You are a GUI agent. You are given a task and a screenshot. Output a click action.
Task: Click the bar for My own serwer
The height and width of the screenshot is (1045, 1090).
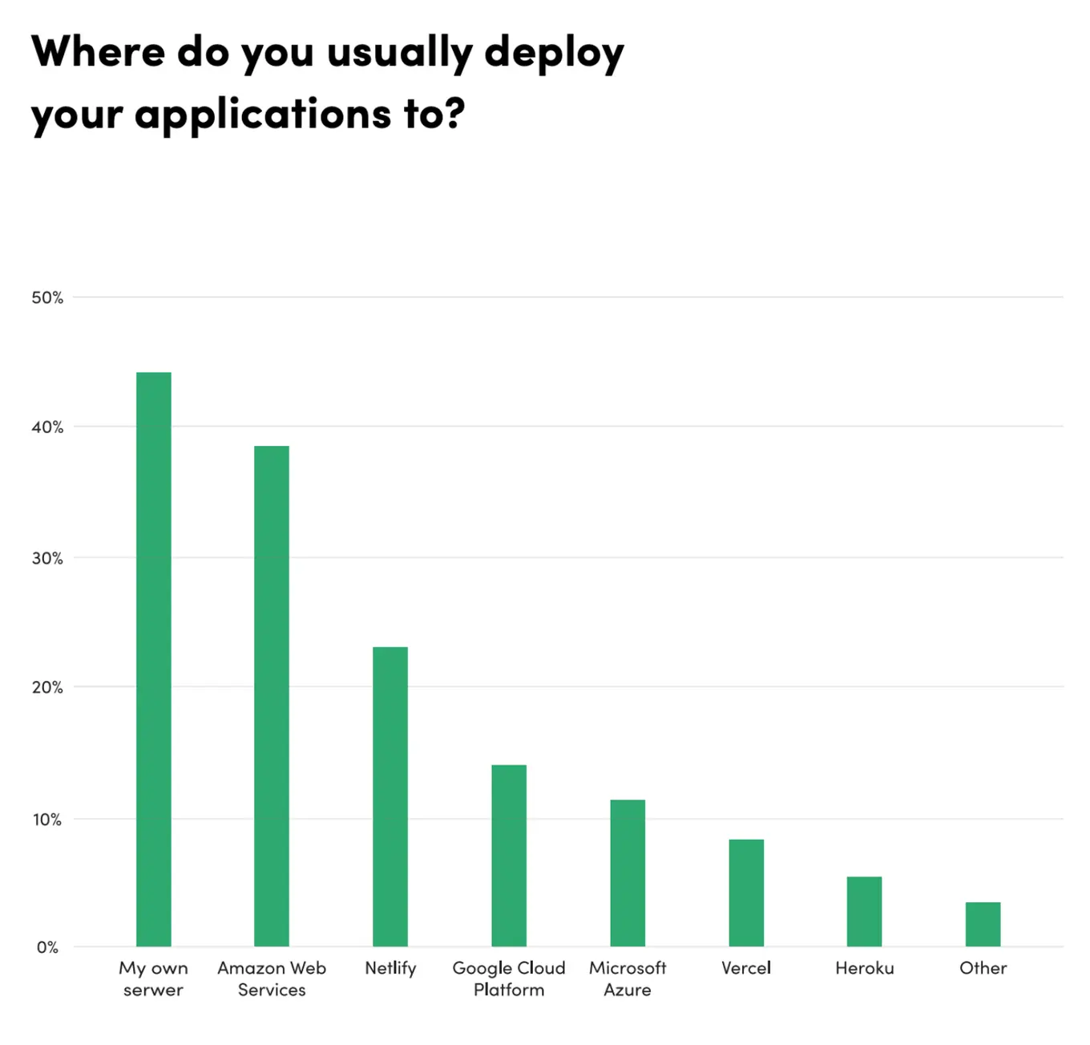[x=153, y=659]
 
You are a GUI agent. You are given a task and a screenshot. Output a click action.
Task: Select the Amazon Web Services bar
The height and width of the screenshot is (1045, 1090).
[x=272, y=696]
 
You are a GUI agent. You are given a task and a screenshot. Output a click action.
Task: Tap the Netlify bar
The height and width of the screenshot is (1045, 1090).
[x=390, y=796]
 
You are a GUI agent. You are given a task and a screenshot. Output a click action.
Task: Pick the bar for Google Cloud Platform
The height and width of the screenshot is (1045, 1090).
[x=509, y=856]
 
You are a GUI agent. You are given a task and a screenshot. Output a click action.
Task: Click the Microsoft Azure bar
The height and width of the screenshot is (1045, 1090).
[x=628, y=873]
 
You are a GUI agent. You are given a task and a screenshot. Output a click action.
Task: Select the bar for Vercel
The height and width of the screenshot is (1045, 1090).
[x=746, y=893]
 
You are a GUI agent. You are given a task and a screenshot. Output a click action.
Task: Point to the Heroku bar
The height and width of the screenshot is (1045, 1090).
[x=864, y=911]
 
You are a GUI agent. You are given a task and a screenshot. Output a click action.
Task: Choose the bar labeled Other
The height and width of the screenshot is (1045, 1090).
[x=983, y=924]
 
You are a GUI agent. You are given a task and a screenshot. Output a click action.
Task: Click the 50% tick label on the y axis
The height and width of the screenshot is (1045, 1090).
[x=47, y=298]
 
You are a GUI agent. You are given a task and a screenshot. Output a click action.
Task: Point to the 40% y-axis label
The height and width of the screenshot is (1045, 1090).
[x=47, y=427]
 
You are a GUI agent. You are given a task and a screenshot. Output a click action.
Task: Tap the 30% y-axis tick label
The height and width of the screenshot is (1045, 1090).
[x=47, y=558]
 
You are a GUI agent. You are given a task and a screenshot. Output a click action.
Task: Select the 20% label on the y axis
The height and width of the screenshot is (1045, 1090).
[x=47, y=687]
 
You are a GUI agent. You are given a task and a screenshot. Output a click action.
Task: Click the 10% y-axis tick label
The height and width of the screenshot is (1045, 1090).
[x=47, y=820]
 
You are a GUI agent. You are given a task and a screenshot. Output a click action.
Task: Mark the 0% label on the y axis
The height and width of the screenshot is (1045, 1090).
[x=47, y=947]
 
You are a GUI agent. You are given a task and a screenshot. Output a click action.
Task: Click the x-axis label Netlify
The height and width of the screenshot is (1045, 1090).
[x=390, y=968]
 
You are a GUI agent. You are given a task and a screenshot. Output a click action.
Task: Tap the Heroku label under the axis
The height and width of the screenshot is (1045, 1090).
[x=864, y=968]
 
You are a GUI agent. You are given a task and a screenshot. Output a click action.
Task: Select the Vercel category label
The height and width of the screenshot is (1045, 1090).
[x=746, y=968]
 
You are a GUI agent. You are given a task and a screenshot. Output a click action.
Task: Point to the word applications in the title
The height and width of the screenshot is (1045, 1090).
[x=263, y=115]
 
